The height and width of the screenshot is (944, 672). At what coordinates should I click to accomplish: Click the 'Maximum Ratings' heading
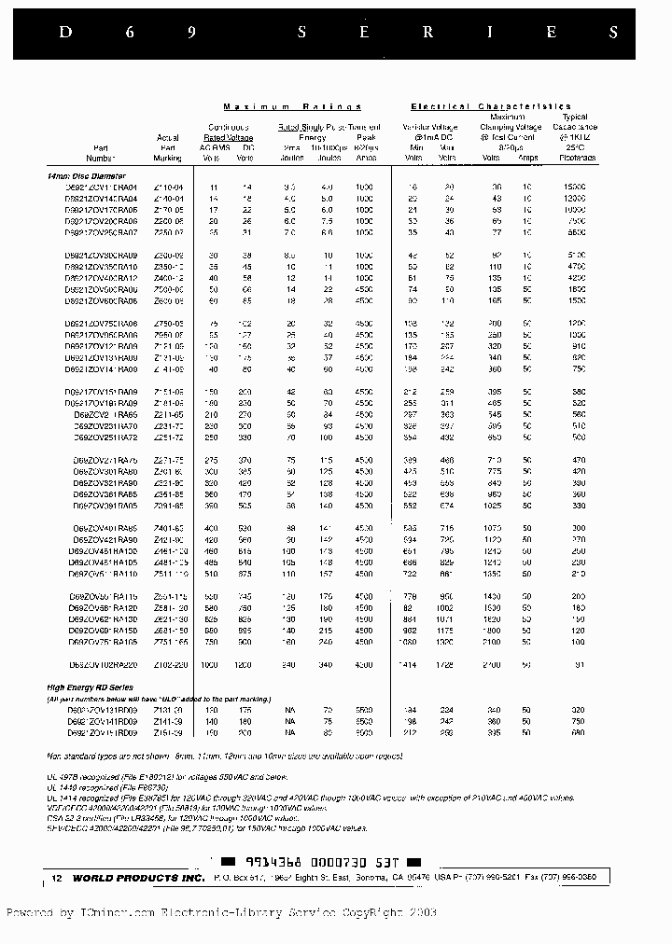[x=292, y=107]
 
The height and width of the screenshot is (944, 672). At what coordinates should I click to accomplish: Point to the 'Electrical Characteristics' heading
[x=491, y=107]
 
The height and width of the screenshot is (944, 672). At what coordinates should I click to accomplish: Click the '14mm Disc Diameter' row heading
[x=86, y=175]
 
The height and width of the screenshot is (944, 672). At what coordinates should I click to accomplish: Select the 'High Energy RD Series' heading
[x=90, y=687]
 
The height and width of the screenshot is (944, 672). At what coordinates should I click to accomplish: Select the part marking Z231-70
[x=167, y=425]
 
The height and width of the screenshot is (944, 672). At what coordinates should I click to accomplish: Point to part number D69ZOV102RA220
[x=105, y=664]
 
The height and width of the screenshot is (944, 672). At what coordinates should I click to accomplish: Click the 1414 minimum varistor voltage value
[x=408, y=664]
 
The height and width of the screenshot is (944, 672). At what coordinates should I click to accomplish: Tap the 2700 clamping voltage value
[x=493, y=664]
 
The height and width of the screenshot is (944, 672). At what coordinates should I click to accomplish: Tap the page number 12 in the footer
[x=56, y=879]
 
